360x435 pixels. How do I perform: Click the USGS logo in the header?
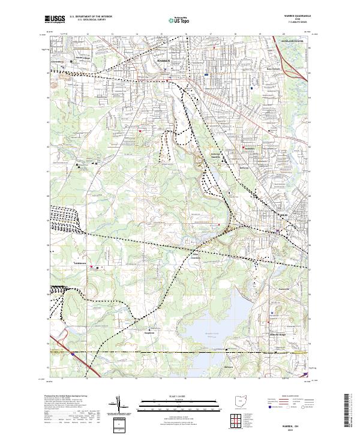tap(55, 20)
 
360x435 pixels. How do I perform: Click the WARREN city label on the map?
tap(163, 61)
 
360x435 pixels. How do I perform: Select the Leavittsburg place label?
tap(55, 61)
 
